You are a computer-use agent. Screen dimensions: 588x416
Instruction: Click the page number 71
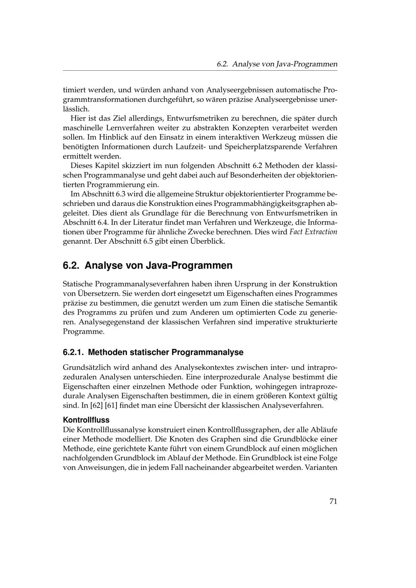pyautogui.click(x=333, y=501)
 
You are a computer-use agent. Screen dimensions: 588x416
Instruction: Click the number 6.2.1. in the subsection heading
pyautogui.click(x=74, y=352)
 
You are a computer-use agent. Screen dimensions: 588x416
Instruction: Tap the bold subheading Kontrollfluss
pyautogui.click(x=86, y=420)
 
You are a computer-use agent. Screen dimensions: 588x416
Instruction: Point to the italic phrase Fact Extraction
pyautogui.click(x=313, y=232)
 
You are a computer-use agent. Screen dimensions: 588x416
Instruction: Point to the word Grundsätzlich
pyautogui.click(x=86, y=368)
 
